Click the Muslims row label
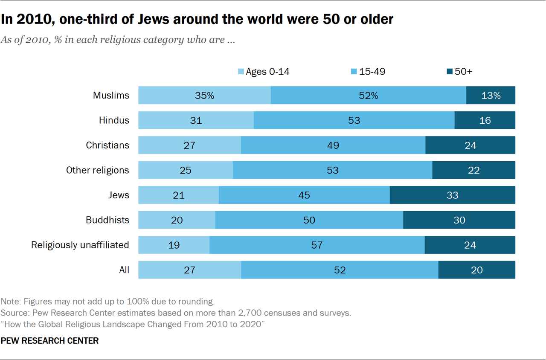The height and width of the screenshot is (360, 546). click(x=111, y=96)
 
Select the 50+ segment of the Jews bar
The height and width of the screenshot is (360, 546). click(x=452, y=195)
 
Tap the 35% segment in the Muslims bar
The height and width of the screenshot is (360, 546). click(x=204, y=96)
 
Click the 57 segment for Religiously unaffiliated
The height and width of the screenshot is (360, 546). click(x=317, y=245)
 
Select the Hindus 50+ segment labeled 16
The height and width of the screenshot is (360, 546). click(x=485, y=121)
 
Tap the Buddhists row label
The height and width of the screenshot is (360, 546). click(x=107, y=220)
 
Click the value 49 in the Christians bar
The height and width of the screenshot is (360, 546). click(x=333, y=145)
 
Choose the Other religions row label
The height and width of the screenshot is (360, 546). click(x=97, y=170)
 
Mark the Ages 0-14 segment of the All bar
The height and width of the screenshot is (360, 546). click(x=189, y=270)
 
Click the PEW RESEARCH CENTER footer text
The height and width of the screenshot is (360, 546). click(x=50, y=341)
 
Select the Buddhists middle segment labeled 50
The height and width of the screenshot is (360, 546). click(x=309, y=220)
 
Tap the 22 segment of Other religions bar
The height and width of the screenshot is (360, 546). click(x=473, y=171)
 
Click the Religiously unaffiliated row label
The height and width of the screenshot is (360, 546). click(x=80, y=245)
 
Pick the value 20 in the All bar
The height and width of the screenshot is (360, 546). click(x=476, y=270)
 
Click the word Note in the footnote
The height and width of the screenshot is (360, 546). click(x=10, y=302)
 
